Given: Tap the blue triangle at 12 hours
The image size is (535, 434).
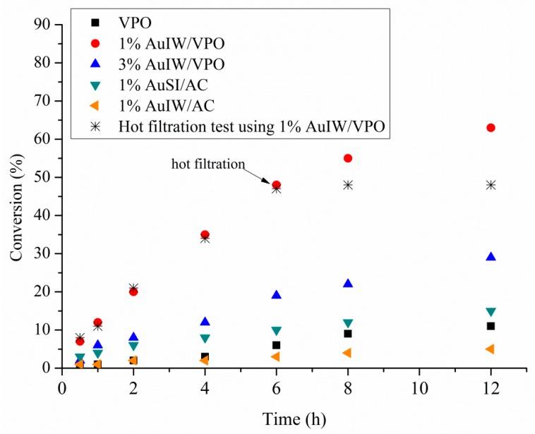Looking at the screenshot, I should tap(491, 257).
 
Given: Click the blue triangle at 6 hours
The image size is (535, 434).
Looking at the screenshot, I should tap(277, 295).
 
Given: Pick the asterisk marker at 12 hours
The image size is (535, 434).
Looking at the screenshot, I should tap(491, 185).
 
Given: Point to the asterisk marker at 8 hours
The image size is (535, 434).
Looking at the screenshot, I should tap(348, 185).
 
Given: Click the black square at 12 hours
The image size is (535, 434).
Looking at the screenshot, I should tap(491, 326).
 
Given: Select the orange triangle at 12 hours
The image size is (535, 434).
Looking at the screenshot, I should tap(490, 349).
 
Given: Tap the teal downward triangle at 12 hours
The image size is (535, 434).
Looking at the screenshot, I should tap(491, 311).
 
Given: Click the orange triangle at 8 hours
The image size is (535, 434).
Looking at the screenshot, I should tap(347, 353).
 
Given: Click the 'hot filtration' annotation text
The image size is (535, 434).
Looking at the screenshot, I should tap(208, 164).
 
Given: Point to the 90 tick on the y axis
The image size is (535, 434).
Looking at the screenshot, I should tap(44, 25).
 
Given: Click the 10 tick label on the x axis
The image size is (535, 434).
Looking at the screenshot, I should tap(419, 388).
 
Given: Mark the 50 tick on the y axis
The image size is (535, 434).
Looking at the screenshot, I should tap(44, 177).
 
